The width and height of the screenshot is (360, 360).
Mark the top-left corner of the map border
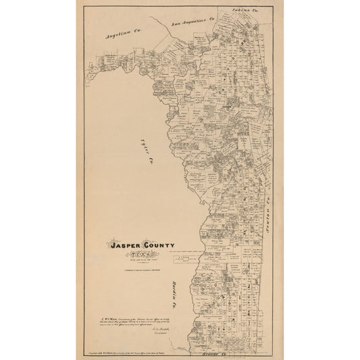click(x=82, y=5)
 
